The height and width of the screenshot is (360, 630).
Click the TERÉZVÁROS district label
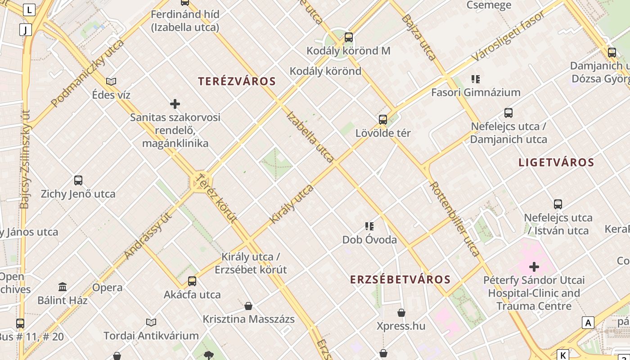(x=237, y=81)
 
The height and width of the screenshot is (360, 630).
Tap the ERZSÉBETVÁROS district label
(x=400, y=279)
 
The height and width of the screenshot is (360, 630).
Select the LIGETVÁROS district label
(x=556, y=162)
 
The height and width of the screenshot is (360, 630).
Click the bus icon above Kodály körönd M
(x=349, y=37)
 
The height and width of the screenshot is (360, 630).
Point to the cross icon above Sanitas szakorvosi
(x=175, y=104)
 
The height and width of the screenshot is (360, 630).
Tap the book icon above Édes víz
(x=111, y=81)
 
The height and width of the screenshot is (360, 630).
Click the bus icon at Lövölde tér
(x=383, y=120)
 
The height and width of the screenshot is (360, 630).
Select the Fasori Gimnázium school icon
(x=476, y=79)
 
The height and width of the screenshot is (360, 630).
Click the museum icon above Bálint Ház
(x=63, y=287)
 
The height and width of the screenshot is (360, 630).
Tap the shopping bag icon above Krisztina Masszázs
(x=248, y=306)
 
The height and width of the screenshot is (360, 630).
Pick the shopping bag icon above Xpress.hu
(x=401, y=313)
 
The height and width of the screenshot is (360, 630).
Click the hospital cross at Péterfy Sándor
(x=534, y=267)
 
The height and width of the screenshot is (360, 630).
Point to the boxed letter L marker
(x=30, y=9)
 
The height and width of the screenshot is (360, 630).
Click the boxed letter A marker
(x=588, y=323)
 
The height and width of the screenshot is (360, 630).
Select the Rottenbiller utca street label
(x=454, y=219)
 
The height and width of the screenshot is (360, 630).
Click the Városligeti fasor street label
(x=508, y=36)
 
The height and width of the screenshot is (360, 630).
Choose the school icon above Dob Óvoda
(x=369, y=226)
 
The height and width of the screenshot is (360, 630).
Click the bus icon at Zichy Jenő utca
(x=78, y=180)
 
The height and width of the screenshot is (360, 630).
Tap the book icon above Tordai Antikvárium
(x=151, y=322)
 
